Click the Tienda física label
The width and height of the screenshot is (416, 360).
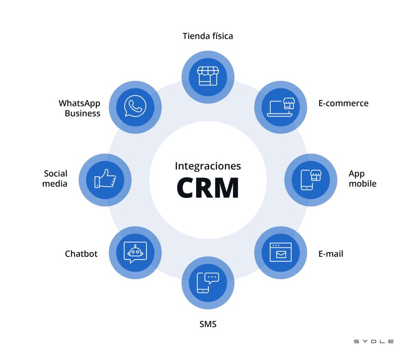(208, 36)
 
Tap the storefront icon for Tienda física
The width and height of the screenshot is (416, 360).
(208, 76)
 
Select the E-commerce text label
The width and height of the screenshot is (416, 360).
(343, 103)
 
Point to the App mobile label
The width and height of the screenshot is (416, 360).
(362, 178)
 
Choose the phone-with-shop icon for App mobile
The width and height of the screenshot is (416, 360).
(311, 179)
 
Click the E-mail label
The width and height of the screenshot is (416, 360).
(331, 254)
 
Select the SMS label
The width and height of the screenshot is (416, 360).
(208, 324)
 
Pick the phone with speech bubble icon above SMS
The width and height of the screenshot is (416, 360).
(208, 282)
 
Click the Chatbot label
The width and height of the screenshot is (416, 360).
(81, 254)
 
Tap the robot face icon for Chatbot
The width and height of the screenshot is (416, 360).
(135, 252)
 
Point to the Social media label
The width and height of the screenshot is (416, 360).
(55, 178)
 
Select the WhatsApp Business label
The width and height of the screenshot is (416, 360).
(80, 108)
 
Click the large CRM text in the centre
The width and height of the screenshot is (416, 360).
(208, 188)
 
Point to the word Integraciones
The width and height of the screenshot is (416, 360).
(208, 166)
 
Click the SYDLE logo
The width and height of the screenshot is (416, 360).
(374, 341)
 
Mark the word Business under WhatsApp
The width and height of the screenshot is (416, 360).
(82, 114)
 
